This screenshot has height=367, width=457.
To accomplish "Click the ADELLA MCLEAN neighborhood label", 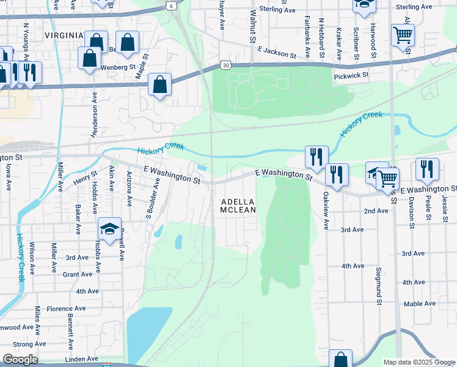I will [238, 206].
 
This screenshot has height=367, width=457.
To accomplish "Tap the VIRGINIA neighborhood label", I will [64, 36].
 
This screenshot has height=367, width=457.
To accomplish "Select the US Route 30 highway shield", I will [227, 65].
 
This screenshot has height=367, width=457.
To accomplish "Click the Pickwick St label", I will [351, 75].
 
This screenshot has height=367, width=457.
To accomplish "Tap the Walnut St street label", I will [252, 26].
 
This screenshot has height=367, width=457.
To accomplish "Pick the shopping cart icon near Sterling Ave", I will [403, 35].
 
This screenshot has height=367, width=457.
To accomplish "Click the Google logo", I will [20, 360].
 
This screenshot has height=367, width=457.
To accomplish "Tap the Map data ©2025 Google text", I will [419, 362].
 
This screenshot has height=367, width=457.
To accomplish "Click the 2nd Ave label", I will [376, 210].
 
